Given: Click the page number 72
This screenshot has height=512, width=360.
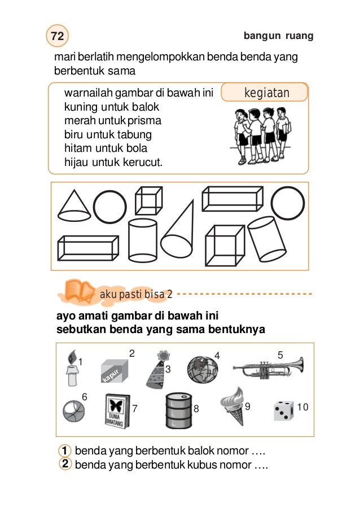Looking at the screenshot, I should click(56, 36).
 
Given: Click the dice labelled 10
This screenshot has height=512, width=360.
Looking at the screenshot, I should click(283, 410).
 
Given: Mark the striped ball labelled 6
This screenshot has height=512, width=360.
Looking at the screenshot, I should click(73, 412).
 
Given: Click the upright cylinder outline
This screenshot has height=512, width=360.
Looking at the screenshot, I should click(142, 239).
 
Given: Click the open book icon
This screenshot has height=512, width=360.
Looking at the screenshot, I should click(78, 290).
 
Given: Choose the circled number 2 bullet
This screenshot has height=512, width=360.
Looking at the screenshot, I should click(65, 464).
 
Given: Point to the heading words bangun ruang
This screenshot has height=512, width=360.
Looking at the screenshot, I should click(278, 36).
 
